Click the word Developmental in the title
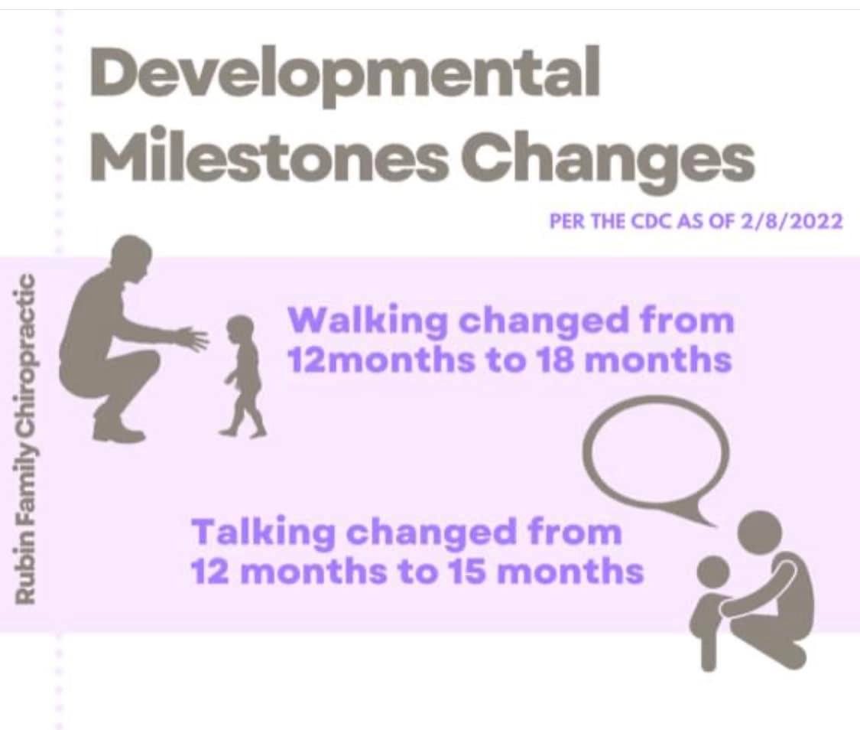coord(345,75)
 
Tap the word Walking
coord(368,321)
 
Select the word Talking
coord(264,533)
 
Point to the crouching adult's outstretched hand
coord(193,337)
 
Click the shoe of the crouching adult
coord(116,432)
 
